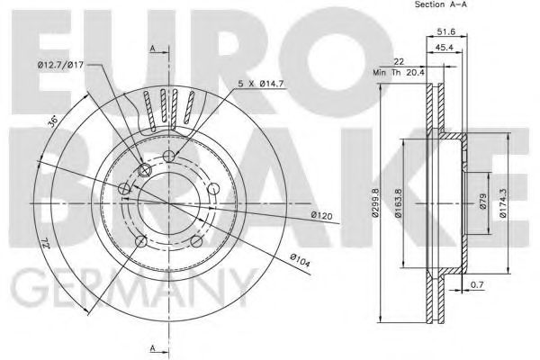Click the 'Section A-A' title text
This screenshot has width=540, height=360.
(440, 4)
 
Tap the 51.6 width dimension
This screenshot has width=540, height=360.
(446, 31)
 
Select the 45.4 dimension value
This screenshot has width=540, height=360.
(444, 48)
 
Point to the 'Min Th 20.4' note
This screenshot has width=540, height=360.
(400, 73)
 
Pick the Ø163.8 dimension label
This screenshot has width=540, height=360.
(398, 202)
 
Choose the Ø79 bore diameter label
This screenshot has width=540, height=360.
(482, 202)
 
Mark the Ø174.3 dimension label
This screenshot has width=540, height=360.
(502, 202)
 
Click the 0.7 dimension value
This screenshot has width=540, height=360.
(477, 285)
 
